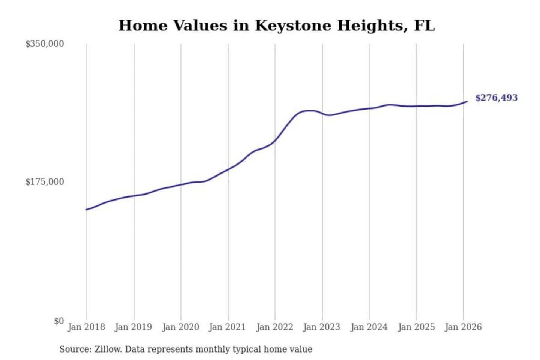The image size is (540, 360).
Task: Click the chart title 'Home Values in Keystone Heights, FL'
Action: click(x=276, y=25)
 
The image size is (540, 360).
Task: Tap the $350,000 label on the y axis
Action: click(x=45, y=44)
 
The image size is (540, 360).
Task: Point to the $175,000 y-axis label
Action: click(x=45, y=182)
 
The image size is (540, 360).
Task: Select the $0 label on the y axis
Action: click(x=59, y=321)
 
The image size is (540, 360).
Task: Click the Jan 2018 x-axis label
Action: click(x=86, y=327)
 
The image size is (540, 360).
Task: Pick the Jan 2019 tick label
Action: click(x=133, y=327)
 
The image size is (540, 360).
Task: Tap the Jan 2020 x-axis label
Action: click(x=180, y=327)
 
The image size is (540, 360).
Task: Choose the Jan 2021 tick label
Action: click(x=227, y=327)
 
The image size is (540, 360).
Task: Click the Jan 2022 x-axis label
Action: click(x=274, y=327)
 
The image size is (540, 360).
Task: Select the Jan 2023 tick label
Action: click(x=321, y=327)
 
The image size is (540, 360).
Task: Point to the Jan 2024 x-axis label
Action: click(x=369, y=327)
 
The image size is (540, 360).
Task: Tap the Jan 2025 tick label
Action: click(x=416, y=327)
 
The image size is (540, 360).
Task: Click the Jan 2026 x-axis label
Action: click(x=463, y=327)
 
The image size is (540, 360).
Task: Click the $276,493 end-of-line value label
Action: click(x=496, y=98)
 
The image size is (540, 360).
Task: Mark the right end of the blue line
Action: click(x=466, y=101)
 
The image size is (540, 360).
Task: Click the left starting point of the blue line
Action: click(x=87, y=209)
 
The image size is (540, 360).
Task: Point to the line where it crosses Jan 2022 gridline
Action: click(x=275, y=141)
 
